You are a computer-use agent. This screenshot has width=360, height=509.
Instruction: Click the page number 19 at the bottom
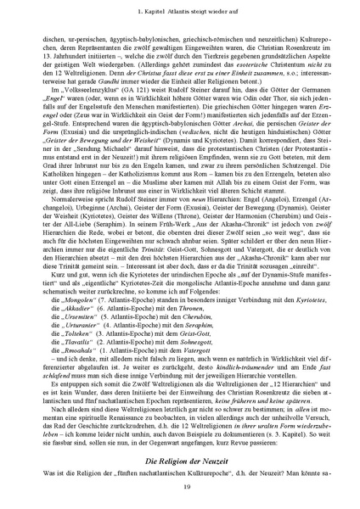(180, 484)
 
